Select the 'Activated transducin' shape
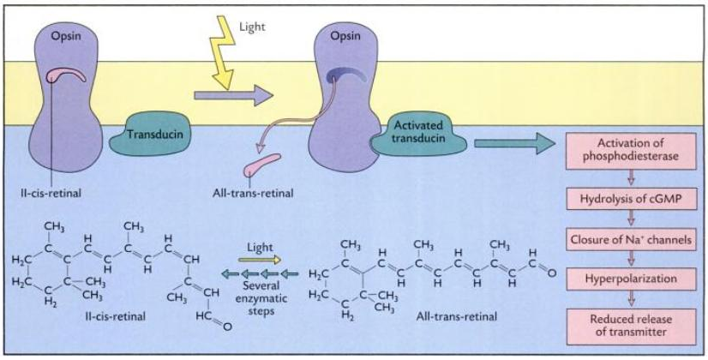tap(411, 135)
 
